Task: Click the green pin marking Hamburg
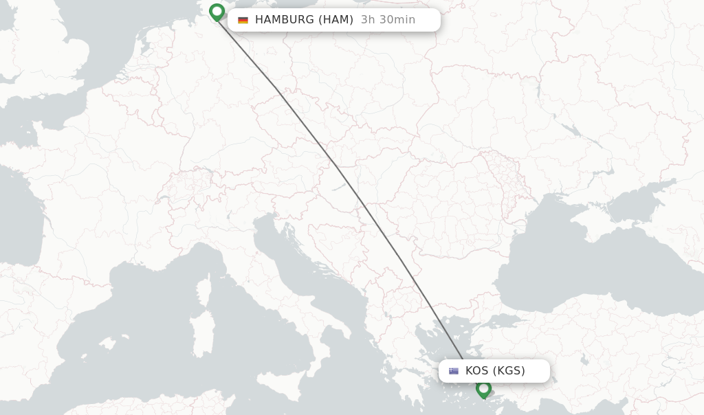[x=217, y=12]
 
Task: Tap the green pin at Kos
[x=483, y=389]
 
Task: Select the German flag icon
[x=243, y=20]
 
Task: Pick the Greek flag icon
[x=454, y=371]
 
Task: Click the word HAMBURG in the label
[x=285, y=20]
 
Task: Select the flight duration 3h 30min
[x=388, y=20]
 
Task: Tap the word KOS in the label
[x=476, y=371]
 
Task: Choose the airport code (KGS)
[x=509, y=371]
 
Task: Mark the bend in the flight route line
[x=277, y=89]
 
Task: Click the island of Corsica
[x=204, y=292]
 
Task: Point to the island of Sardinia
[x=201, y=337]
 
